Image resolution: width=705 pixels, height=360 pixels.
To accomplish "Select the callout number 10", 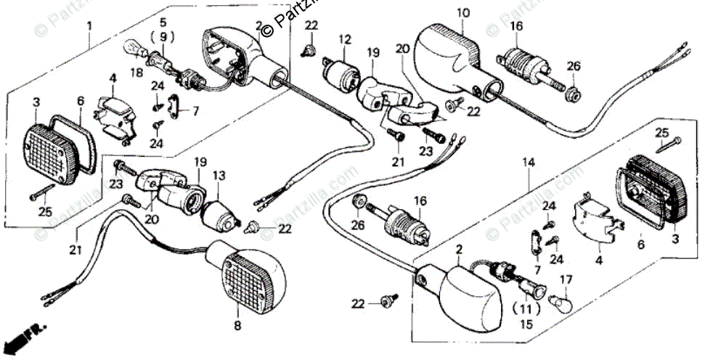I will (x=464, y=12).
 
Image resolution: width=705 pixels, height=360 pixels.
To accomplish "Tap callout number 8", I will (x=237, y=326).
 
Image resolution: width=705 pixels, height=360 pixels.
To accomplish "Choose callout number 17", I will (x=568, y=278).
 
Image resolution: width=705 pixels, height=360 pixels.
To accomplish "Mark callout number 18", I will (x=135, y=73).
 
